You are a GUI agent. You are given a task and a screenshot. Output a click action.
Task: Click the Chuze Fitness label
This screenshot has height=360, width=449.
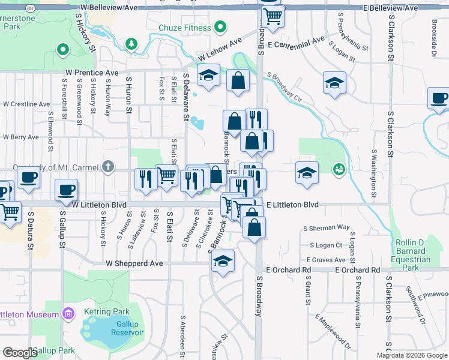(185, 28)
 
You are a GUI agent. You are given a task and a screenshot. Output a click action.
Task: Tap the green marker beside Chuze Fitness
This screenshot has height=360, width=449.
(220, 27)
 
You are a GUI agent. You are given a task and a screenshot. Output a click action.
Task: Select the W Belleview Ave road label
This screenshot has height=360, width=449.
(107, 7)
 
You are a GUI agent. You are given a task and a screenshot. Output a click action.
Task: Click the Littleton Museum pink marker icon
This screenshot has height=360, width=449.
(68, 314)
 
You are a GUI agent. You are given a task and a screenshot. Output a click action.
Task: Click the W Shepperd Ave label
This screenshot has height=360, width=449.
(135, 263)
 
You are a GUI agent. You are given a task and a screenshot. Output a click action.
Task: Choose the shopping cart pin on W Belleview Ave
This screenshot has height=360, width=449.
(273, 16)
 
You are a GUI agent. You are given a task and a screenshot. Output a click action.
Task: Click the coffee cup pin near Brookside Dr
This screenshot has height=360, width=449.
(439, 98)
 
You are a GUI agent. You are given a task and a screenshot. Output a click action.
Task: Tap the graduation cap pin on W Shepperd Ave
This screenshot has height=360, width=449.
(223, 261)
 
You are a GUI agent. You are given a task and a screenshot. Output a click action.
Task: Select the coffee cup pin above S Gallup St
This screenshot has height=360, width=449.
(66, 190)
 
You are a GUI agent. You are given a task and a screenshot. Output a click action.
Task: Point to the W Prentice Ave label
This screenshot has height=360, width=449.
(91, 73)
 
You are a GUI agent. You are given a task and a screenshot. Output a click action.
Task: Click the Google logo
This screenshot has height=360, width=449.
(19, 353)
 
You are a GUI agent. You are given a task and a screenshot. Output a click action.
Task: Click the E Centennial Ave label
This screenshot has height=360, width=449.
(297, 44)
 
